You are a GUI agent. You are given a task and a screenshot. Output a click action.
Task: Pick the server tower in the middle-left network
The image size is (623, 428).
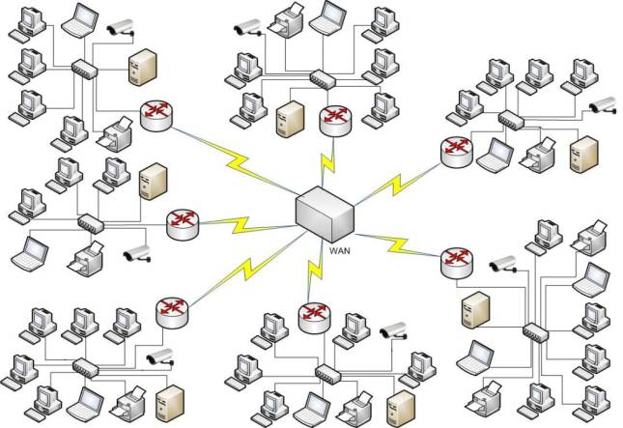click(x=149, y=182)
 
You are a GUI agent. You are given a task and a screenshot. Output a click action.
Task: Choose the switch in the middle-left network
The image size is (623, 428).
click(x=89, y=221)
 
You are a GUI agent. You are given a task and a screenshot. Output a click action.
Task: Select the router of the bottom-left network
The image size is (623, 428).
click(x=170, y=311)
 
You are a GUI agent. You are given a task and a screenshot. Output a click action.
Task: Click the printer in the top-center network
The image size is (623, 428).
click(x=288, y=20)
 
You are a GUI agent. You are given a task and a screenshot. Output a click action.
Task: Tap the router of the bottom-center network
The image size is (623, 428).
click(x=313, y=315)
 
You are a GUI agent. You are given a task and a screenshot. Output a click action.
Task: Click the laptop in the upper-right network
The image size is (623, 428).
click(x=498, y=152)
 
